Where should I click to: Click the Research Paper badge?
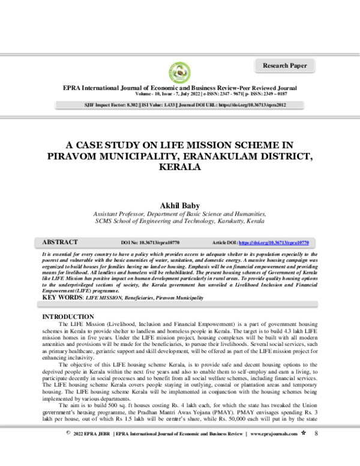tap(285, 65)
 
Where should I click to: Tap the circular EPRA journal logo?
tap(179, 73)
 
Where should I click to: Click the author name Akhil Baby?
tap(179, 205)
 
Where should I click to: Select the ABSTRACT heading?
tap(60, 242)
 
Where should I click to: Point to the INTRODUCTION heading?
tap(66, 316)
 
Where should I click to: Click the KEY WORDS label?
tap(62, 298)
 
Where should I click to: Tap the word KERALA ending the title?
tap(179, 166)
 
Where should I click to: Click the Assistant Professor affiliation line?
tap(179, 214)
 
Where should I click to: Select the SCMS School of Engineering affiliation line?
tap(179, 222)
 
